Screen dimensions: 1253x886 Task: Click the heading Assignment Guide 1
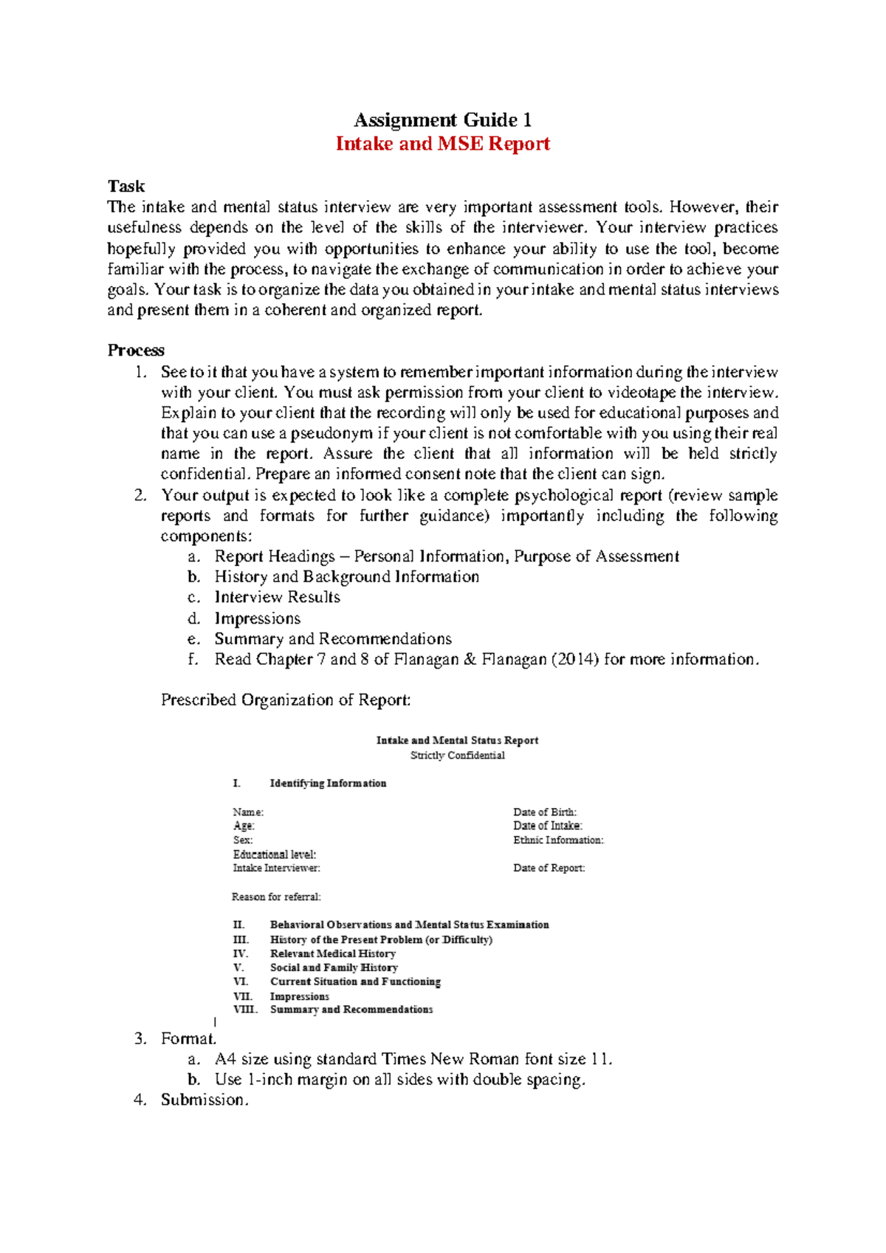click(442, 120)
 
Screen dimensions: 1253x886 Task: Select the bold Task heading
click(126, 186)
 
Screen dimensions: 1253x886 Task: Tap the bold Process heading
click(136, 350)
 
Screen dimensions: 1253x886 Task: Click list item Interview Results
click(277, 597)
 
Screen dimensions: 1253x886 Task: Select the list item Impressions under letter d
click(257, 618)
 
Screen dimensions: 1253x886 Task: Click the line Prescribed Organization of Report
click(285, 700)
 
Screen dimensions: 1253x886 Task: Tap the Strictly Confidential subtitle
click(457, 755)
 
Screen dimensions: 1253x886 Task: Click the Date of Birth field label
click(545, 812)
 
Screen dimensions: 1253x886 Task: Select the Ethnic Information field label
click(558, 840)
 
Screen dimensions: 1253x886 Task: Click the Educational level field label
click(274, 854)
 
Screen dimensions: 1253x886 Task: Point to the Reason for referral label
click(276, 897)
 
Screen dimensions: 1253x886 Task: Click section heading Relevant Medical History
click(332, 953)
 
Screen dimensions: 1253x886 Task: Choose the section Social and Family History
click(334, 967)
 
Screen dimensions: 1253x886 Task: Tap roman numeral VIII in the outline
click(244, 1009)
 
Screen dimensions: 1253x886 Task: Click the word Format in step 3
click(188, 1038)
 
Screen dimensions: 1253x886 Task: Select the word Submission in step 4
click(204, 1100)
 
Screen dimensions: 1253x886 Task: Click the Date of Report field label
click(549, 868)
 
